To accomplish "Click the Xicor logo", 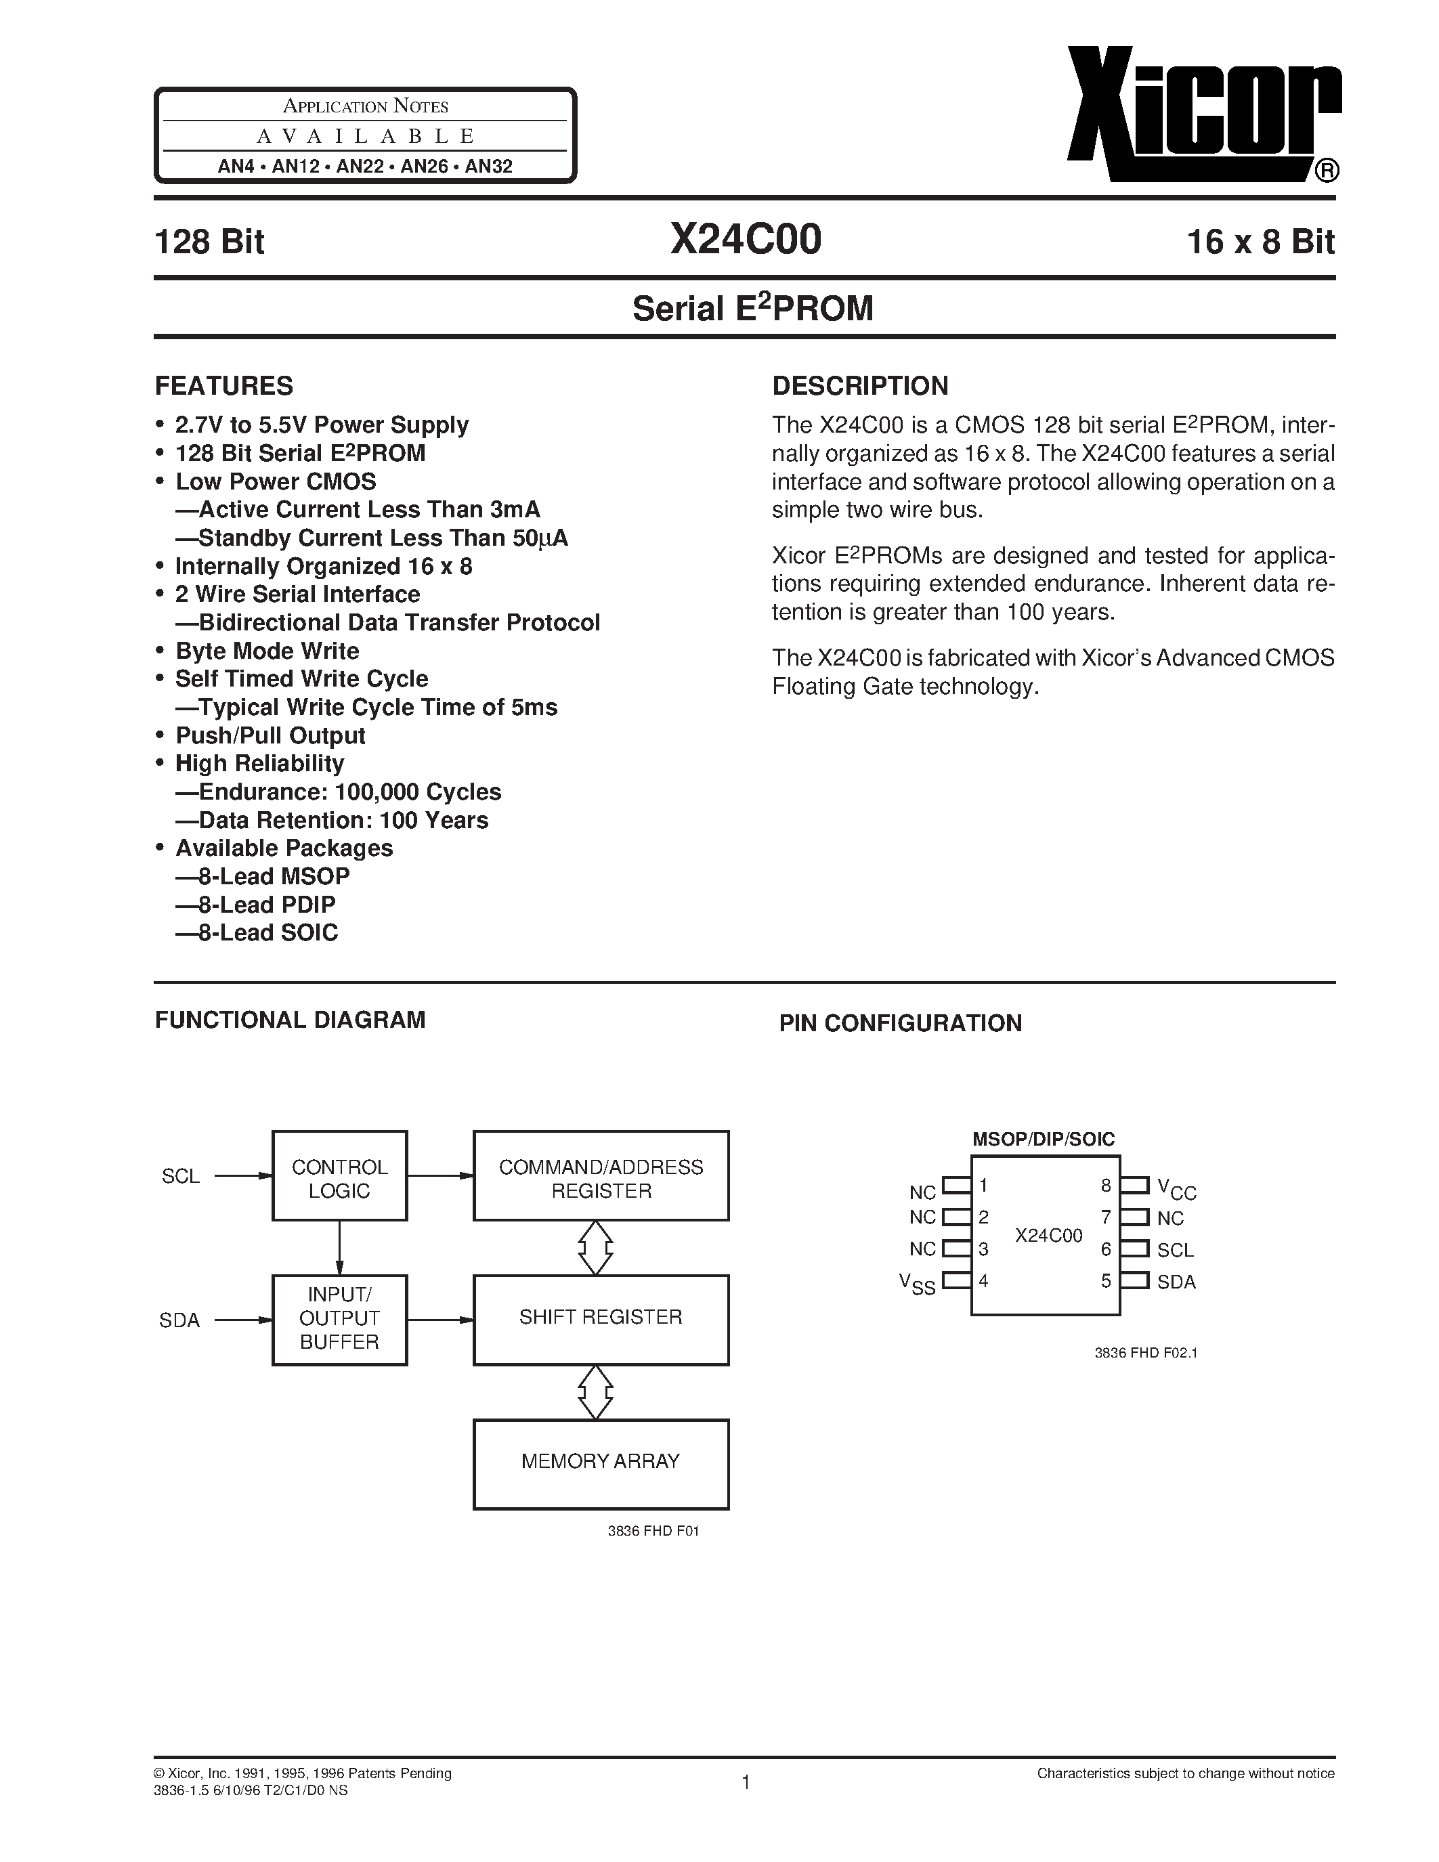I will pos(1202,115).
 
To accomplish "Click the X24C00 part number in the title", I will pos(746,240).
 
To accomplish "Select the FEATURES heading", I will pos(223,386).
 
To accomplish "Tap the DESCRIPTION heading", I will pos(859,386).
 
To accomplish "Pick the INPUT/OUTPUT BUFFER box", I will pos(339,1319).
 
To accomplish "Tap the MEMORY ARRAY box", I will pos(601,1461).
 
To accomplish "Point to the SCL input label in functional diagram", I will pos(181,1177).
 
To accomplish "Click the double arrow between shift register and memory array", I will pos(595,1391).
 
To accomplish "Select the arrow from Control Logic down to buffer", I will pos(339,1247).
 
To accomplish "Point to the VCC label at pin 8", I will pos(1176,1188).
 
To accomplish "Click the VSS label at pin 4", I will pos(918,1283).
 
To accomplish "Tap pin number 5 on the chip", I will pos(1106,1280).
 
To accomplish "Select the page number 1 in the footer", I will pos(746,1782).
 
